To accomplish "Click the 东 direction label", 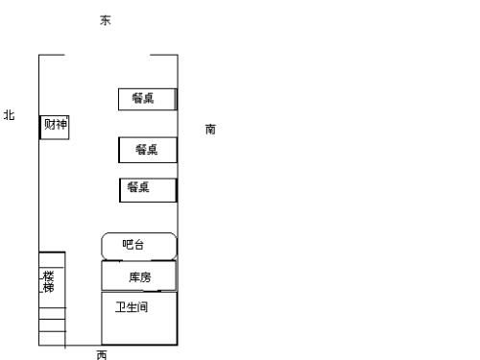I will click(x=106, y=20).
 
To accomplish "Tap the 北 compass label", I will click(x=10, y=115).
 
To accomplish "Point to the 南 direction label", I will click(x=210, y=129).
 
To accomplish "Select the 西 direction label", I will click(x=102, y=354).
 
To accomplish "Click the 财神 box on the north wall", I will click(x=55, y=126).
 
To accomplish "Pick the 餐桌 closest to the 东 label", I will click(x=147, y=98).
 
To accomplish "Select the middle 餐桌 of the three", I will click(x=148, y=149).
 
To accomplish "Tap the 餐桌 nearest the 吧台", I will click(x=148, y=188).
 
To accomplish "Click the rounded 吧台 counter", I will click(x=139, y=245).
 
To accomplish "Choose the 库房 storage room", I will click(x=139, y=276).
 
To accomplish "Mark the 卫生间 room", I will click(x=139, y=317).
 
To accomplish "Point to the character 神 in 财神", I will click(x=61, y=124).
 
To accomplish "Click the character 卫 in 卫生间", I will click(x=121, y=307).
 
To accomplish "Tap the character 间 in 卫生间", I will click(x=143, y=307).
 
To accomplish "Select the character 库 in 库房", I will click(x=134, y=277).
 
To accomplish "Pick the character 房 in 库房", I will click(x=145, y=277).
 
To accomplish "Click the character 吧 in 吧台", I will click(x=129, y=245).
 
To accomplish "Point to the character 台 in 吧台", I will click(x=140, y=245).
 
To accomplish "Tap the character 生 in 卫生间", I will click(x=132, y=307).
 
